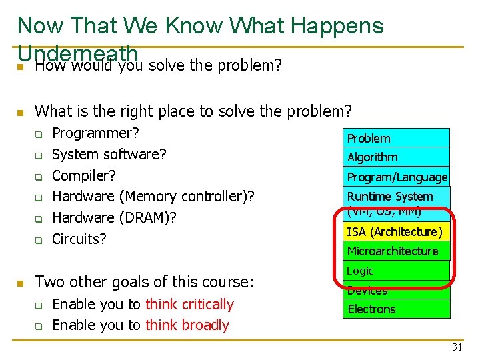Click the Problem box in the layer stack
click(396, 138)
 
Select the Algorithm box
click(396, 157)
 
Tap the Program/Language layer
click(396, 177)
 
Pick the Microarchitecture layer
click(396, 251)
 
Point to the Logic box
click(396, 271)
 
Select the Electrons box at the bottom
click(396, 309)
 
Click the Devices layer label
click(367, 291)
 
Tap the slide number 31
click(457, 347)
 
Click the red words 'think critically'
click(189, 305)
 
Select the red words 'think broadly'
click(187, 325)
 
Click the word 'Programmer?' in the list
click(95, 133)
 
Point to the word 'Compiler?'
click(84, 176)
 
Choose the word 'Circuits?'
click(79, 239)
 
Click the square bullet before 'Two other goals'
click(21, 283)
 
